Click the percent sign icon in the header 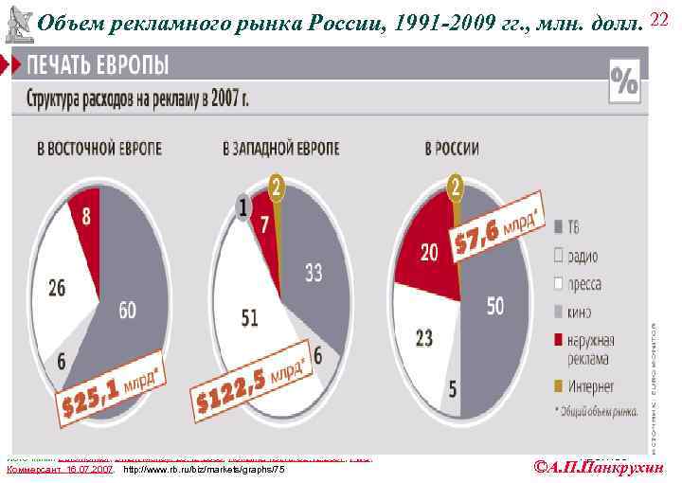[x=624, y=79]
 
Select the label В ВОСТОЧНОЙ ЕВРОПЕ [x=99, y=150]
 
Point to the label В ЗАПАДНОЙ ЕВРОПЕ [x=281, y=150]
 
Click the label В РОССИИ [x=452, y=149]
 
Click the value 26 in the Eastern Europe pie [x=57, y=286]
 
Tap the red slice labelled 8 [x=85, y=217]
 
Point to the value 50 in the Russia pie [x=494, y=305]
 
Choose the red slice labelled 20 [x=428, y=252]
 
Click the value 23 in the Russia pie [x=422, y=336]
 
